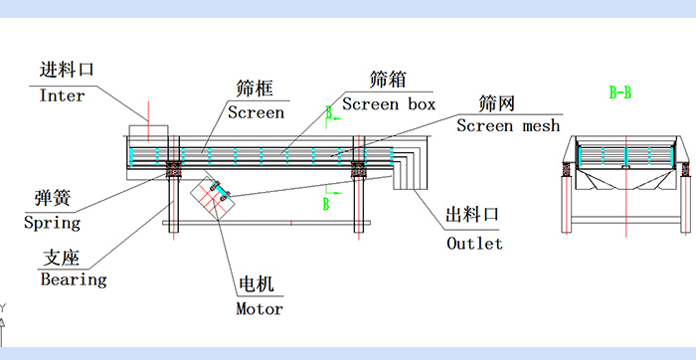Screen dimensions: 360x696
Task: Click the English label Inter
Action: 62,96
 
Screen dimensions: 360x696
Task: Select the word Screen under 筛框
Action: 256,112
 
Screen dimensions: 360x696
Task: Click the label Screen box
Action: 389,104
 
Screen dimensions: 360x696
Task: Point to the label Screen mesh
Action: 508,126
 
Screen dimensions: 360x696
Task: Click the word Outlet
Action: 474,244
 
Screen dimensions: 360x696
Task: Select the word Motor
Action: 260,308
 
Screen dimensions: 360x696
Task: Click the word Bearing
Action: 73,280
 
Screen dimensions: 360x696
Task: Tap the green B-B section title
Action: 619,92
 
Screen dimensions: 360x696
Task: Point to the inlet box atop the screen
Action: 148,132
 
